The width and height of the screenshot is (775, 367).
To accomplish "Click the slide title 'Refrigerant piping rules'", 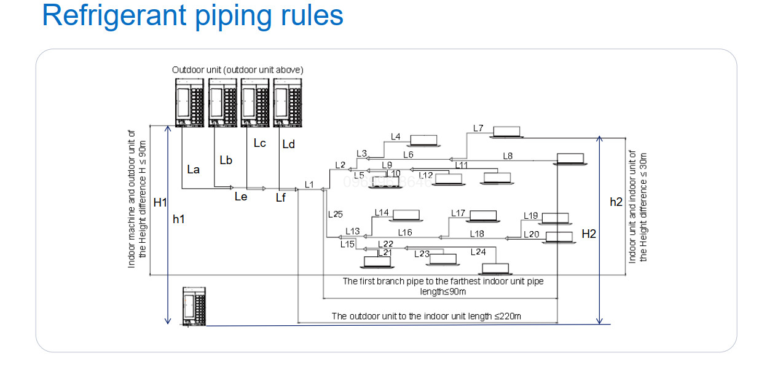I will [192, 16].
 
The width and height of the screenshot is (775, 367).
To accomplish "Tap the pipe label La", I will [193, 169].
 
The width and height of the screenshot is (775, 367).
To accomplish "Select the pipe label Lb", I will [226, 160].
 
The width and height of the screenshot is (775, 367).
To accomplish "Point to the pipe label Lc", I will [259, 143].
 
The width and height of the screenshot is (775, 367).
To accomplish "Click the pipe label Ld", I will [288, 144].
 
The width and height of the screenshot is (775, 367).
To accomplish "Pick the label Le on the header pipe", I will [241, 197].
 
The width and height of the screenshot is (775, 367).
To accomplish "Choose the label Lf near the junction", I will [281, 198].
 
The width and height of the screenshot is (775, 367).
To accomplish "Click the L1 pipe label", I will [309, 184].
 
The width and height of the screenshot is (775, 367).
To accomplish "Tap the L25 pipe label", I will [336, 215].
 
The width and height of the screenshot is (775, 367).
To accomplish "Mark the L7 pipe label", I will [478, 128].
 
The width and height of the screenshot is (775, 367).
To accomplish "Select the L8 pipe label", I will [507, 156].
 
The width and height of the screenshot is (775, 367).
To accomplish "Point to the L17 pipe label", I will [458, 213].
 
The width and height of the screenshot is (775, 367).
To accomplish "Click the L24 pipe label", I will [478, 252].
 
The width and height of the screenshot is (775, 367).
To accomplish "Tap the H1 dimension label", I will [160, 202].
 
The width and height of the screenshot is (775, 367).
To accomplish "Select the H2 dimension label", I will [588, 234].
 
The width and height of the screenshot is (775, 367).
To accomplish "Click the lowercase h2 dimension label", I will [616, 202].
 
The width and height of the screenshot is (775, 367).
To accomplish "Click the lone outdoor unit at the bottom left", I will [196, 306].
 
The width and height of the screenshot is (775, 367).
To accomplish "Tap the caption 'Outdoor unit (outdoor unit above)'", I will [237, 70].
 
